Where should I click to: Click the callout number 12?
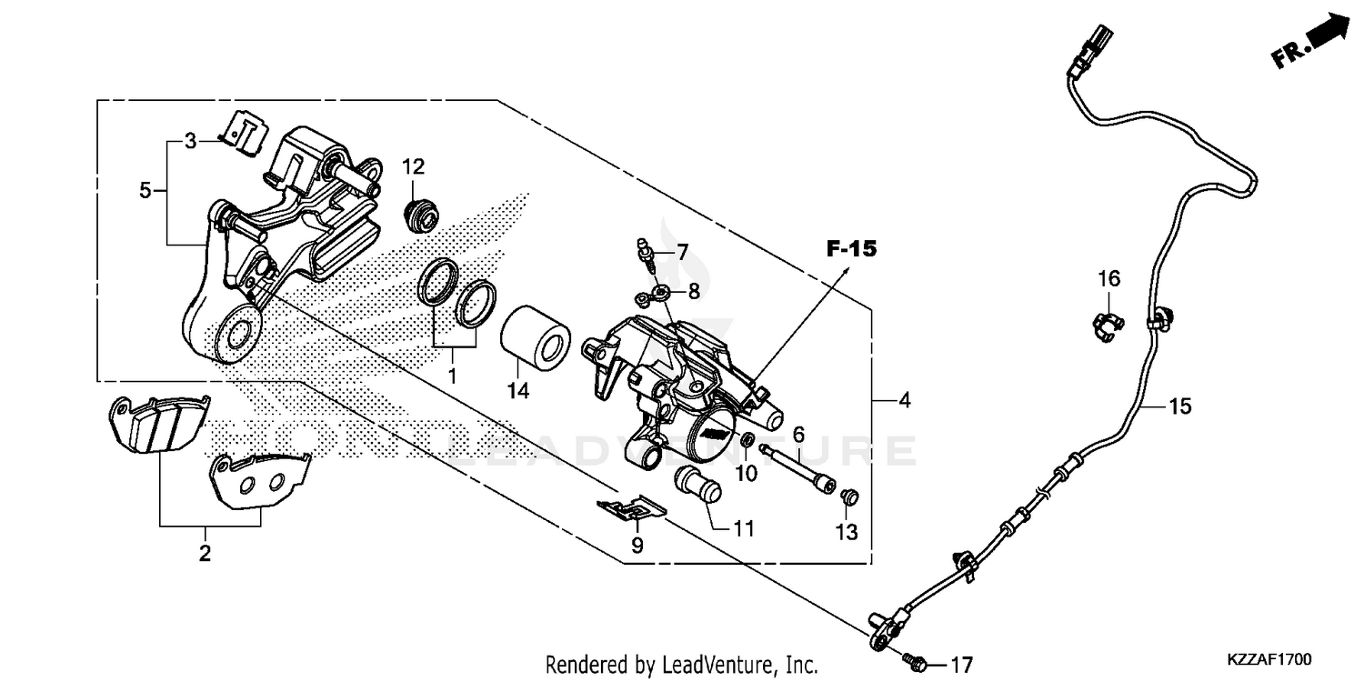coord(414,167)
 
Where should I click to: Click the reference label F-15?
coord(851,247)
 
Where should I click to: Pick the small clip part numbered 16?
coord(1105,323)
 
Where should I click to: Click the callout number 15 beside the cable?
coord(1179,406)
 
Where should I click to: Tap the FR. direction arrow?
coord(1312,41)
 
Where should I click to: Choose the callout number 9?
coord(637,546)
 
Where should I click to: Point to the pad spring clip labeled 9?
coord(630,510)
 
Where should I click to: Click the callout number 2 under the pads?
coord(205,553)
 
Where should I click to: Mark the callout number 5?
coord(145,191)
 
